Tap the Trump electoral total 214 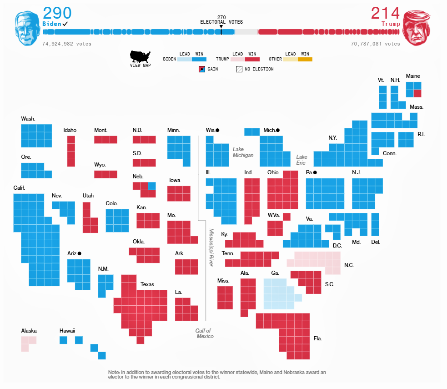point(385,13)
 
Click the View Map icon point(140,57)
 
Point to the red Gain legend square point(202,69)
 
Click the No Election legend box point(239,69)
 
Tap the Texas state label point(147,284)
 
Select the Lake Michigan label point(243,152)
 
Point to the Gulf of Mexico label point(204,333)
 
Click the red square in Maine point(417,93)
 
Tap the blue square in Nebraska point(152,186)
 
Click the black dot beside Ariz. point(80,253)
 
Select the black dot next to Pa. point(315,173)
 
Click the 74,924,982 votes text point(67,44)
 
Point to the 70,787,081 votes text point(375,44)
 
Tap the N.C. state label point(349,265)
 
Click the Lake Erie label point(301,160)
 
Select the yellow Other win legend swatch point(305,59)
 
